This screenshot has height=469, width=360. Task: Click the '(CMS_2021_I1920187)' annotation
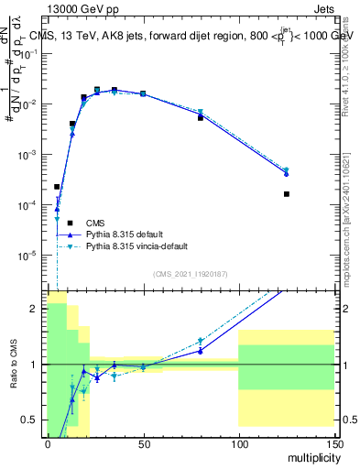[x=190, y=274]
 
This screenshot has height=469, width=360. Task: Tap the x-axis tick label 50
[x=143, y=444]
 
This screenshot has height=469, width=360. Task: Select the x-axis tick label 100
[x=238, y=444]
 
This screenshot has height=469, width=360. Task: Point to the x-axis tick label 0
[x=48, y=444]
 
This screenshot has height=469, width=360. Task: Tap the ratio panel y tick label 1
[x=33, y=365]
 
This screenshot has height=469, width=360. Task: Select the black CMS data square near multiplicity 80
[x=201, y=118]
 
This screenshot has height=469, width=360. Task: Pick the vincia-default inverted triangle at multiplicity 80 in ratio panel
[x=201, y=341]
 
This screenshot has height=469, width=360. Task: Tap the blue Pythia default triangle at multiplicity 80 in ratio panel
[x=201, y=350]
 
